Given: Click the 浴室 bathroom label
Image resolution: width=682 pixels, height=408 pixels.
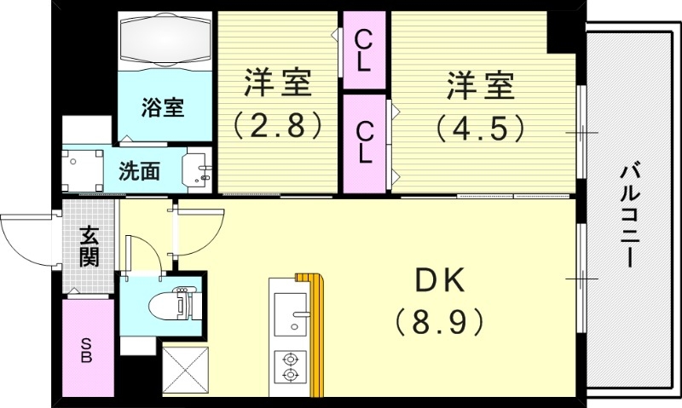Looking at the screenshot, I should pos(162,107).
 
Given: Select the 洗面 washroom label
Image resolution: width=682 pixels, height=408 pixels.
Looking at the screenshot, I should pos(139,170).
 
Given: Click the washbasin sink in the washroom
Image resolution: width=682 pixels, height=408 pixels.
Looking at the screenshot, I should pos(199,170).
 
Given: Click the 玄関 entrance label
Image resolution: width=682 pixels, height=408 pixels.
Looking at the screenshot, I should pos(89,245).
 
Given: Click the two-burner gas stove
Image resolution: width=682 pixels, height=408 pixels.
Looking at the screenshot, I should pos(290,366).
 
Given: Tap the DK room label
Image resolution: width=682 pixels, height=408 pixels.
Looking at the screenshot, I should pos(439,281).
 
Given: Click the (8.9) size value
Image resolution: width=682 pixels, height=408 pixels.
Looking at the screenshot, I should pos(439,321).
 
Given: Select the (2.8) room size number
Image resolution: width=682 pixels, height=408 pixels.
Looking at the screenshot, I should pos(278,126).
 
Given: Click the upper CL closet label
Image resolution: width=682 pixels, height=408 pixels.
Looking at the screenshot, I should pos(364,49).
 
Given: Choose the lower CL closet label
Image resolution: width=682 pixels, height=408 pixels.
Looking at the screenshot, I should pos(364,142).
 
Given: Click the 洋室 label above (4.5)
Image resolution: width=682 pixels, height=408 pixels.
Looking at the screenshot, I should pos(480,86).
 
